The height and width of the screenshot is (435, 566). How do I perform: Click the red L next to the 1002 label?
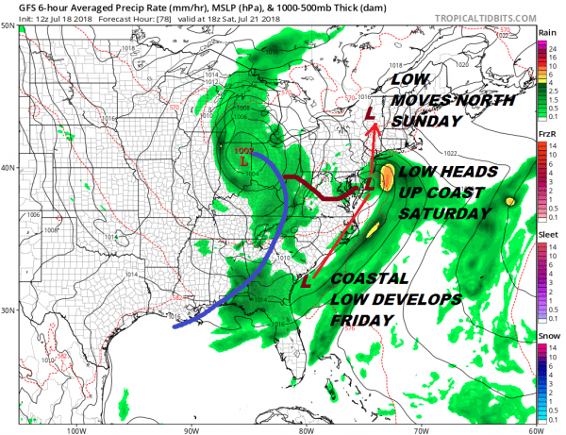[244, 162]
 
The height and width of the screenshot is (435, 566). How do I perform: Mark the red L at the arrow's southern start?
[305, 280]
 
